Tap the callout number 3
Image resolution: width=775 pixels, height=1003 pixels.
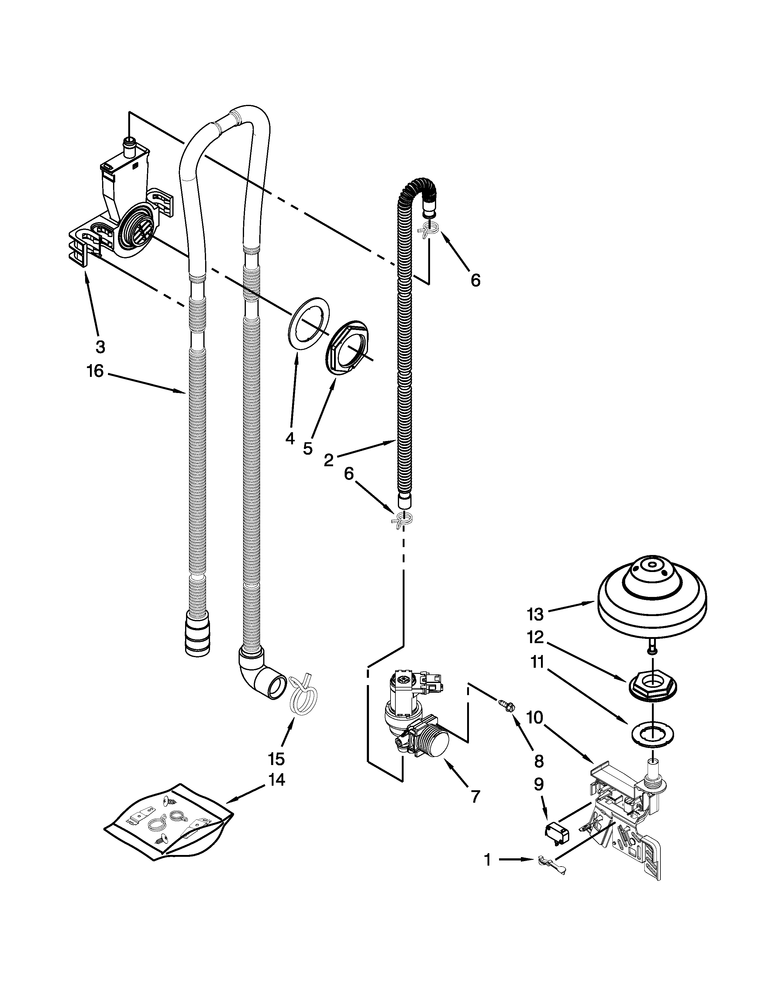tap(100, 347)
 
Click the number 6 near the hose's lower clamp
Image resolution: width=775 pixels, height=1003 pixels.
tap(349, 474)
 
